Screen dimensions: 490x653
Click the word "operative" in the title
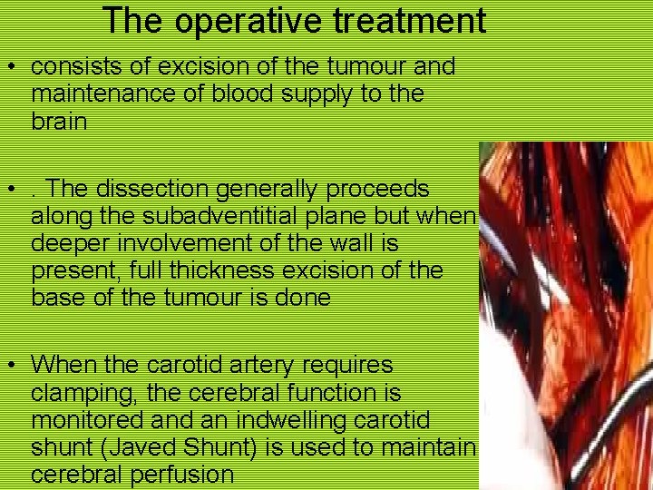point(237,20)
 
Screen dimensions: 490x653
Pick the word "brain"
point(59,122)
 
